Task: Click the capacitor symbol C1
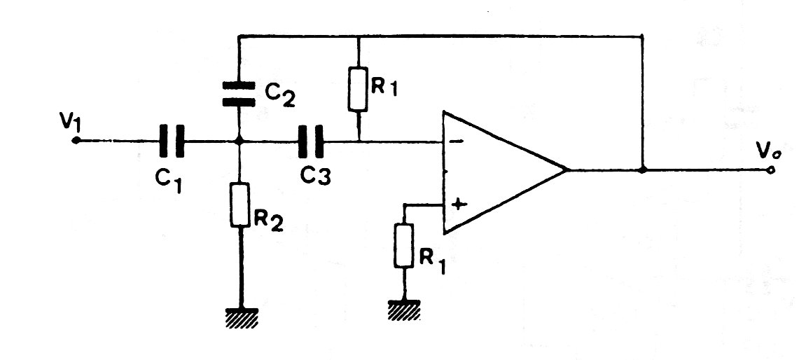pyautogui.click(x=170, y=140)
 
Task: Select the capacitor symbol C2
pyautogui.click(x=239, y=93)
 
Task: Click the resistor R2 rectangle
pyautogui.click(x=239, y=205)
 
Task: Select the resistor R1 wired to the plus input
pyautogui.click(x=403, y=246)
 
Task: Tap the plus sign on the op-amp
pyautogui.click(x=459, y=204)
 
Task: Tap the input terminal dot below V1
pyautogui.click(x=76, y=141)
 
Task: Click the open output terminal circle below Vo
pyautogui.click(x=771, y=169)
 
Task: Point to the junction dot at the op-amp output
pyautogui.click(x=643, y=169)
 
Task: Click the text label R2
pyautogui.click(x=270, y=221)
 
